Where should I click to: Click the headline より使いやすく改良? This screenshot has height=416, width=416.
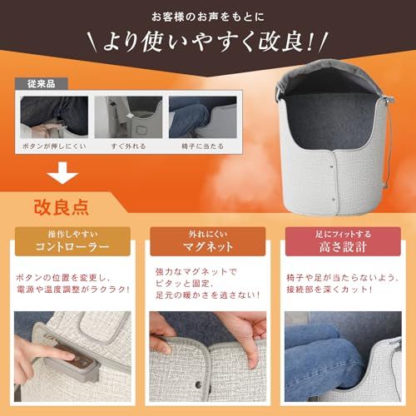point(208,42)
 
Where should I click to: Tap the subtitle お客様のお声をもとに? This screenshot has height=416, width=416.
point(208,17)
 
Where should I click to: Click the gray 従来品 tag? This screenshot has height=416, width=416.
point(42,84)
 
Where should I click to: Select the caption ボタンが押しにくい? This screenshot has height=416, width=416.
point(54,146)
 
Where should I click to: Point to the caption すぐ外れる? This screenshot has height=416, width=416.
point(128,146)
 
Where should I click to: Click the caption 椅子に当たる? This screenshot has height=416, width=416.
point(202,146)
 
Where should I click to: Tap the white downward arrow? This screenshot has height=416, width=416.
point(62,173)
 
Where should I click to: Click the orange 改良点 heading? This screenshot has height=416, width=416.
point(62,207)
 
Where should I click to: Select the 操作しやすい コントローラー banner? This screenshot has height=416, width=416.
point(72,241)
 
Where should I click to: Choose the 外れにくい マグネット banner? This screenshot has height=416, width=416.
point(208,241)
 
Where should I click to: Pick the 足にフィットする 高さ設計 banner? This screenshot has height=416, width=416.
point(343,241)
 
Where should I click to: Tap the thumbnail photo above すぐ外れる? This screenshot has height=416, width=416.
point(128,117)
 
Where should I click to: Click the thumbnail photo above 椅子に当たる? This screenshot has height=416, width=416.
point(203,117)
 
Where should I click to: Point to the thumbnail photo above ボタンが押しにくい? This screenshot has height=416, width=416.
point(54,117)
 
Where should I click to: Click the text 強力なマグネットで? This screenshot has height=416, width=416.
point(196,271)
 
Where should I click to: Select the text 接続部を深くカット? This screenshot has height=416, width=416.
point(329,290)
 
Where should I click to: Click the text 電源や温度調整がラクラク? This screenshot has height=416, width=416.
point(73,290)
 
